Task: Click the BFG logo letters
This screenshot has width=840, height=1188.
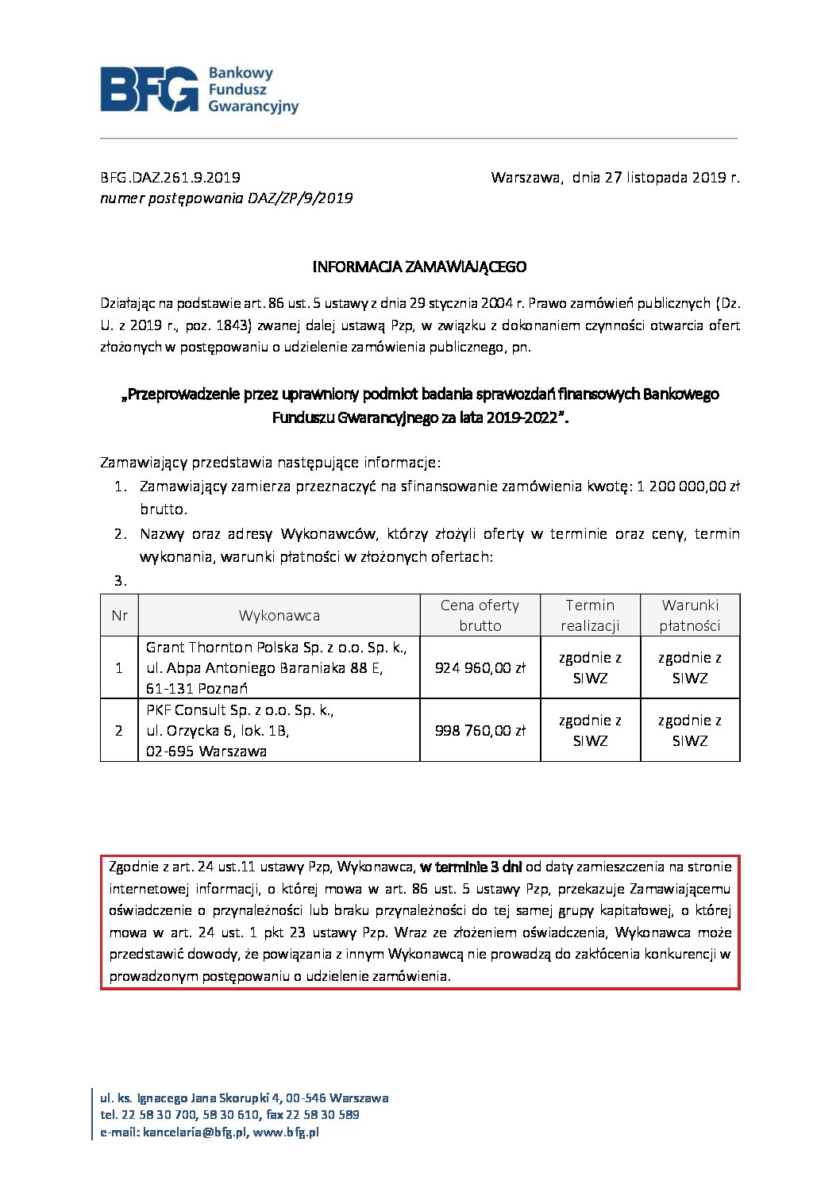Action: click(149, 89)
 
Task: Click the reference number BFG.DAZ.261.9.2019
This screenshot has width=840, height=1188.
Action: click(170, 177)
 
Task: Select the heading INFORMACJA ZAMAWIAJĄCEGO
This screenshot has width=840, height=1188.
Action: click(419, 267)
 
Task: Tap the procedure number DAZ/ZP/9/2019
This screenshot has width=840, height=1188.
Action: click(300, 198)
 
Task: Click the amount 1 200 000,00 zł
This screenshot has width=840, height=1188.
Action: click(688, 486)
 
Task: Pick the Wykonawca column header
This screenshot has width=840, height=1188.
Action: click(279, 616)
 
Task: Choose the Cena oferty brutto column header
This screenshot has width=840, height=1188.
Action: click(480, 615)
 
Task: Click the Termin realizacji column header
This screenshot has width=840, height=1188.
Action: click(590, 615)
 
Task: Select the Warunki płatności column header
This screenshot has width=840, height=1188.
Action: click(689, 615)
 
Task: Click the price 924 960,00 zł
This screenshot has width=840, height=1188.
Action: click(480, 668)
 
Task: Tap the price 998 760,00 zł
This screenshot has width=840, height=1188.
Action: click(480, 731)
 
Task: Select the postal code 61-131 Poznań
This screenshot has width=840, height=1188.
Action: click(197, 689)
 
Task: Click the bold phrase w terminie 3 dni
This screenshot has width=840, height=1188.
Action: click(471, 867)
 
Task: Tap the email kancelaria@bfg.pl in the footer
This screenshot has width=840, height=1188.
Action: click(195, 1132)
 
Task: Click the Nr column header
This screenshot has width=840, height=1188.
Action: click(119, 616)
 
